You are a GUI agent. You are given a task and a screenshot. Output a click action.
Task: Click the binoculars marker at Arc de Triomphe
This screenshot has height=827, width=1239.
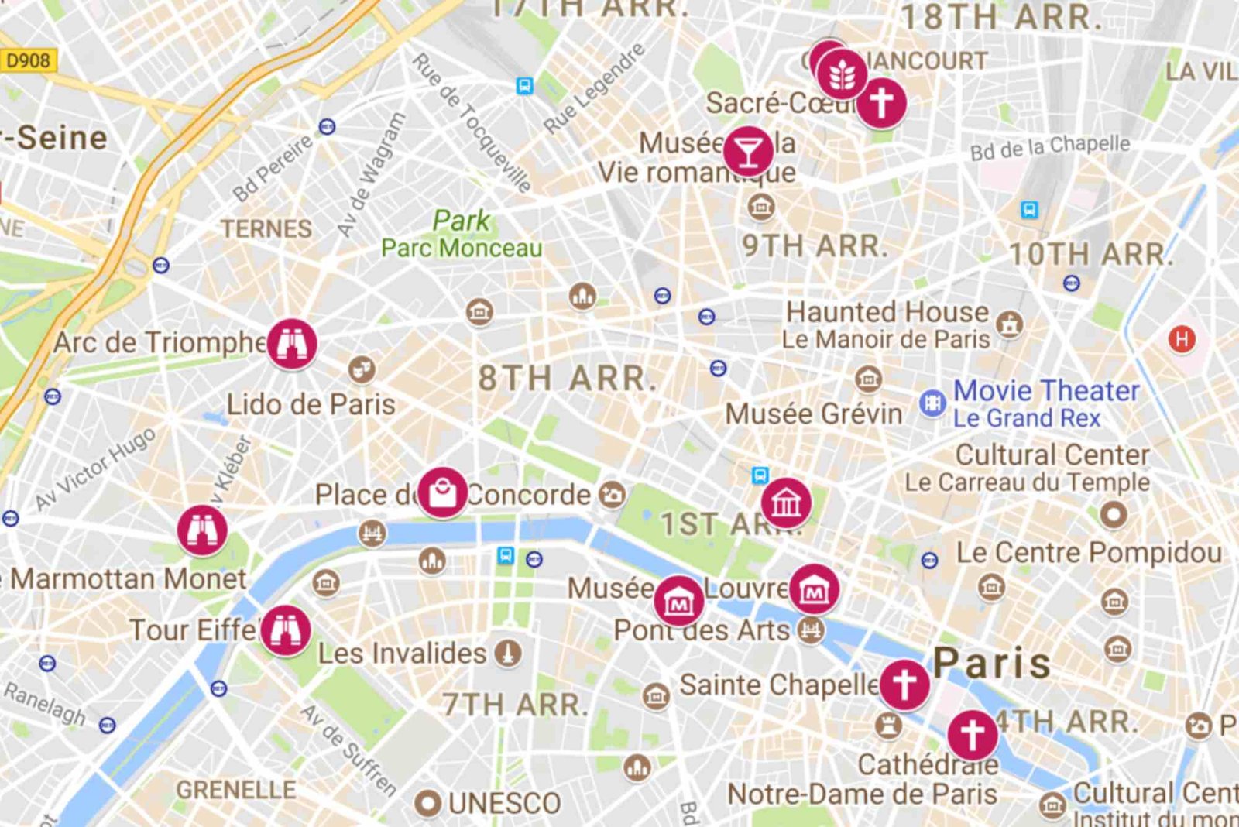[x=292, y=343]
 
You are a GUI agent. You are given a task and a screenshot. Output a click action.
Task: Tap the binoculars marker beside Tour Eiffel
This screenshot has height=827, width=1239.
[x=285, y=630]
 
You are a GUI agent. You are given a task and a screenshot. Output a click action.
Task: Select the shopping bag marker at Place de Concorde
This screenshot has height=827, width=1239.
[x=442, y=492]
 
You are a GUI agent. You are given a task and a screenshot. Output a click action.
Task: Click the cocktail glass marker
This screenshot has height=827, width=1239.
[x=748, y=151]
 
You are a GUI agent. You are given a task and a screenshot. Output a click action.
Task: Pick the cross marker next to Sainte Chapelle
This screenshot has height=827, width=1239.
[x=904, y=685]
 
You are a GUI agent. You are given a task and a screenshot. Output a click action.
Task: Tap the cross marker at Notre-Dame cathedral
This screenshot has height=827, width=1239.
[x=973, y=733]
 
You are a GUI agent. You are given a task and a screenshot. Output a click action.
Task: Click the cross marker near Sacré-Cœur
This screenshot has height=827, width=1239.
[x=881, y=101]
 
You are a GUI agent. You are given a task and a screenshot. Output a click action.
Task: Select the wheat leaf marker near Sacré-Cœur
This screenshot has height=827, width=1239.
[x=842, y=74]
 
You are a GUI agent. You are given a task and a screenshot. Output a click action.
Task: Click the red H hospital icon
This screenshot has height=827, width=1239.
[x=1182, y=339]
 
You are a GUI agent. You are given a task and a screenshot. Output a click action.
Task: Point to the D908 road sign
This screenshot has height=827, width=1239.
[x=29, y=60]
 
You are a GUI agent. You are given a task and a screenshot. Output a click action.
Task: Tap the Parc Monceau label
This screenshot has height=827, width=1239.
[x=462, y=248]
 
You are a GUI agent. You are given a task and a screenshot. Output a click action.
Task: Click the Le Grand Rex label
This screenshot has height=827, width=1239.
[x=1026, y=418]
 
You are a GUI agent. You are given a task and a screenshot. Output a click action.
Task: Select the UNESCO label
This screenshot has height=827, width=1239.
[x=504, y=804]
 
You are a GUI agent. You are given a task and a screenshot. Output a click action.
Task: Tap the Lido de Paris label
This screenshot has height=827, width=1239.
[x=311, y=404]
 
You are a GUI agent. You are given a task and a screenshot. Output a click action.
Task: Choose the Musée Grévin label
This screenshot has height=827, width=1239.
[x=813, y=413]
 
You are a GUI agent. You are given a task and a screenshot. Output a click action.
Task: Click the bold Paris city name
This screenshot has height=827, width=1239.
[x=992, y=663]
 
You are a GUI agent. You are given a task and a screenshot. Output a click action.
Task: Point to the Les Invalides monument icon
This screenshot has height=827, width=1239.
[x=507, y=654]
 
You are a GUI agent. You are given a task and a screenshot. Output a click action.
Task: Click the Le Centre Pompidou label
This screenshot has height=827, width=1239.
[x=1089, y=553]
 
